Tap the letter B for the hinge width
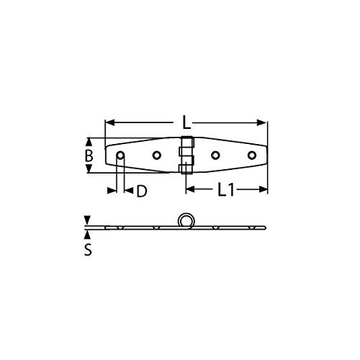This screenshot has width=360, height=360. [89, 156]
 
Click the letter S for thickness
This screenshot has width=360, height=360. [88, 251]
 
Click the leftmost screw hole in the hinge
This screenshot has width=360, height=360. [120, 156]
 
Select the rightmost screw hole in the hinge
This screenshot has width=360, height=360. [251, 156]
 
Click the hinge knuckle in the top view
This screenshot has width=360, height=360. [186, 156]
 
